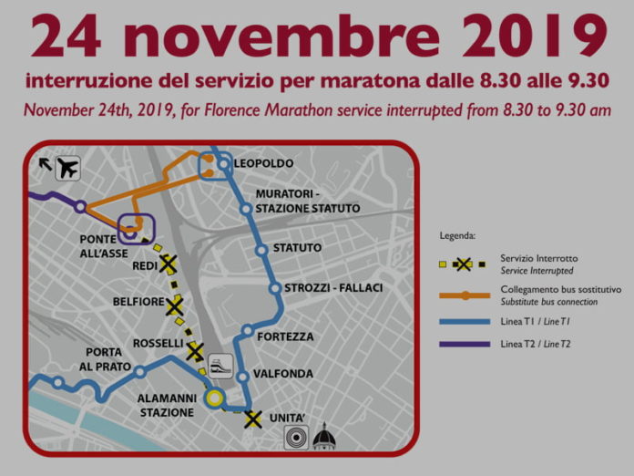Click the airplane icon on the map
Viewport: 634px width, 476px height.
[x=66, y=169]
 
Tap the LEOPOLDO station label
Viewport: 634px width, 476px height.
[x=263, y=163]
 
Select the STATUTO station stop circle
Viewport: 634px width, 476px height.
[x=261, y=249]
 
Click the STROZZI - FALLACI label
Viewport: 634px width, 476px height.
[x=332, y=288]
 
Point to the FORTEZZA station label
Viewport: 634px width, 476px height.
[x=285, y=336]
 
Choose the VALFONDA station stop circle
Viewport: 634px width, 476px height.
[x=243, y=376]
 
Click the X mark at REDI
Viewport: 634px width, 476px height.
[x=168, y=264]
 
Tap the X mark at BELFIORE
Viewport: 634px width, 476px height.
[x=175, y=306]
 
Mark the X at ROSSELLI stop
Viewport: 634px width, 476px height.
[x=194, y=352]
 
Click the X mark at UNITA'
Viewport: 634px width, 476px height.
[x=253, y=419]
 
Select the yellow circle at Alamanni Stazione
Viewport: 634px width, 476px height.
[x=215, y=398]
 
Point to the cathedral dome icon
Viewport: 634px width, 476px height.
[x=324, y=440]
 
